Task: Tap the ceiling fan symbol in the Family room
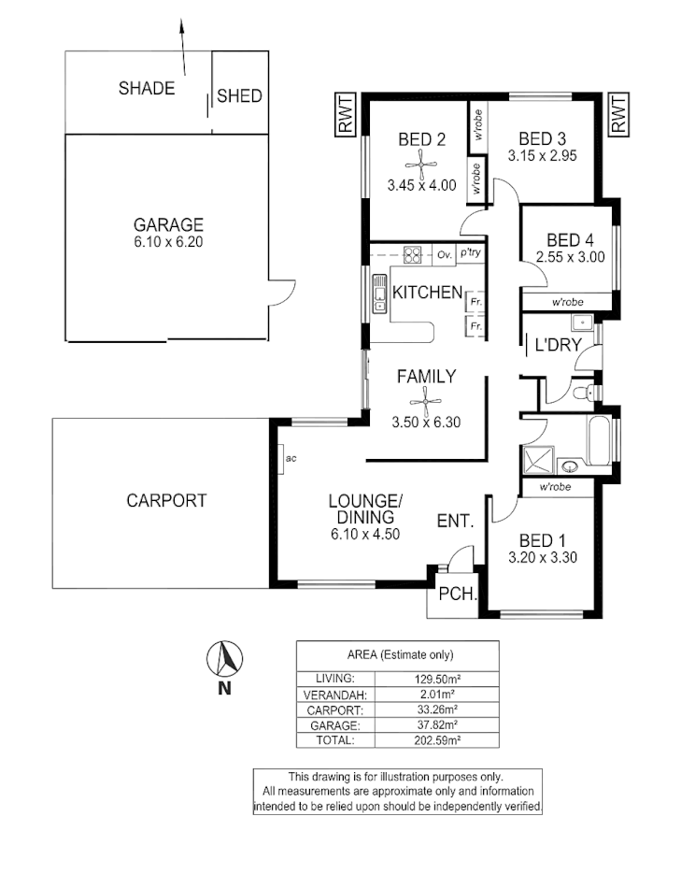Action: point(426,403)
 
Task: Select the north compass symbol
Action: point(222,662)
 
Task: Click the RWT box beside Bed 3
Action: point(617,115)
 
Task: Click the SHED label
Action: point(239,95)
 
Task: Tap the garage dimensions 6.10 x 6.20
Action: point(168,241)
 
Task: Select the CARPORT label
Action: point(166,500)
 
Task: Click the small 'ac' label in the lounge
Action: point(291,458)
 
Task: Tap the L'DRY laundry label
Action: point(558,345)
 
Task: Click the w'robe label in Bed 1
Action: point(555,488)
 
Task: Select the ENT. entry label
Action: point(456,523)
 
